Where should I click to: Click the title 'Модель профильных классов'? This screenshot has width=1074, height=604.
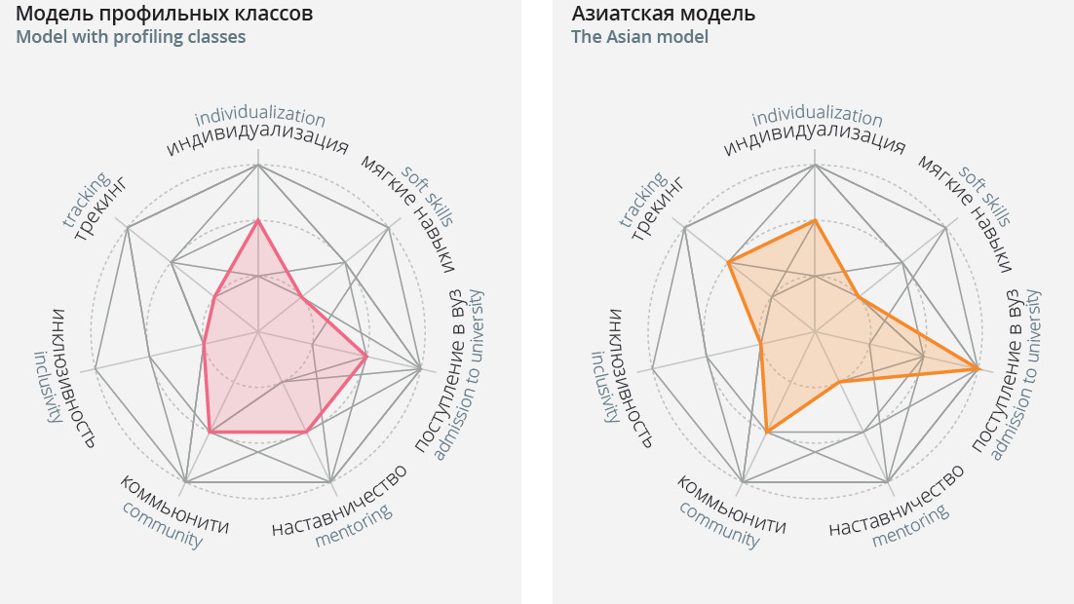point(164,14)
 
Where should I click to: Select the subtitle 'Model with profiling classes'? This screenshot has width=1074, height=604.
point(131,37)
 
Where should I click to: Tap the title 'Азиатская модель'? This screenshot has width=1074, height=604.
point(663,14)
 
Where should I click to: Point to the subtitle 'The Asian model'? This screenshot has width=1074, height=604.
point(639,37)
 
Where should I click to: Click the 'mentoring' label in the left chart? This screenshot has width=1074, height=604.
point(353,525)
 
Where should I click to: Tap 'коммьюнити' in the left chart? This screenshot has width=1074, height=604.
point(174,505)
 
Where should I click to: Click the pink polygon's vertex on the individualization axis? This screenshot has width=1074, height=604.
point(257,221)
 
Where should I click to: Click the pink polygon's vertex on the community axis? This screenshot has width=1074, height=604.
point(210,431)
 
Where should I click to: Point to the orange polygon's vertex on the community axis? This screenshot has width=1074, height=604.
point(767,432)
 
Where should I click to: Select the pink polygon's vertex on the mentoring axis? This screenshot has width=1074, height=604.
point(307,431)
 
